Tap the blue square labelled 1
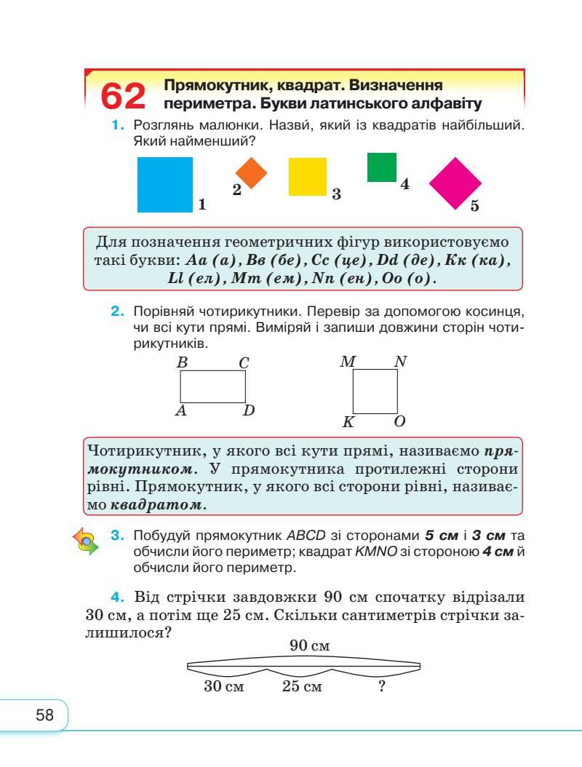165,184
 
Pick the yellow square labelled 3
308,177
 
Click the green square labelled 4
382,167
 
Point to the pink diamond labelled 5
456,183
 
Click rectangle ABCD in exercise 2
212,386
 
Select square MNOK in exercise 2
375,392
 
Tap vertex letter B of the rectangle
183,362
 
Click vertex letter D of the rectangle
249,411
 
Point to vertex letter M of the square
347,361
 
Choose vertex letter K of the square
348,422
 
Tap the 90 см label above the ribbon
309,645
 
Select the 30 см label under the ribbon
223,686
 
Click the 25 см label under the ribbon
302,686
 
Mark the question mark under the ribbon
381,685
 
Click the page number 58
45,715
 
